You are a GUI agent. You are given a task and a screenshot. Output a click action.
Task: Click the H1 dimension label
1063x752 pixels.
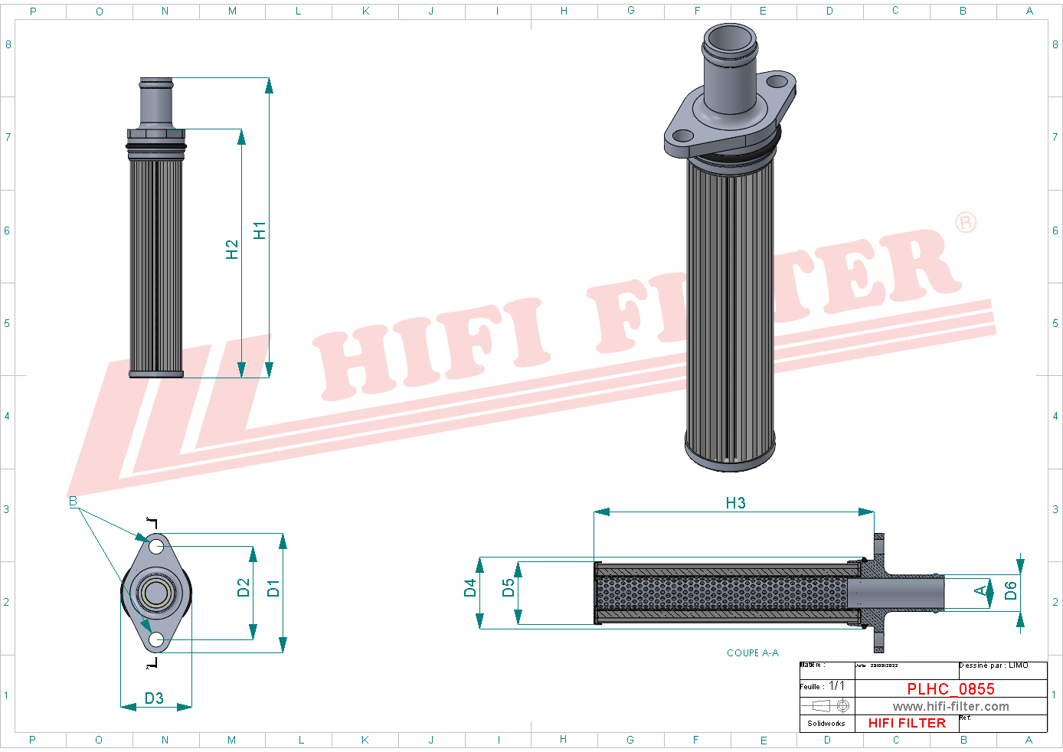pyautogui.click(x=260, y=230)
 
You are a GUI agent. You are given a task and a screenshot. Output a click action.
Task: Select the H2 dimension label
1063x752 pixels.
pyautogui.click(x=232, y=249)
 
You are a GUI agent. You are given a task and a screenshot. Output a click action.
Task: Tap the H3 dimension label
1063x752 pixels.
pyautogui.click(x=735, y=502)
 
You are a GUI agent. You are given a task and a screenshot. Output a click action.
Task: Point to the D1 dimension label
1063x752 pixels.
pyautogui.click(x=273, y=588)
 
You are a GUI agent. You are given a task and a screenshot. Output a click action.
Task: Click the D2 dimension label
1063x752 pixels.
pyautogui.click(x=244, y=587)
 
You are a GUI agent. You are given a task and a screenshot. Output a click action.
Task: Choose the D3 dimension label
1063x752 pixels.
pyautogui.click(x=154, y=698)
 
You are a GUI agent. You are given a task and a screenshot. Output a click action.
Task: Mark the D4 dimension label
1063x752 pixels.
pyautogui.click(x=470, y=587)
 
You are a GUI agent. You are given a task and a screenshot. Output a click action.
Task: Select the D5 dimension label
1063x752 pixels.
pyautogui.click(x=509, y=587)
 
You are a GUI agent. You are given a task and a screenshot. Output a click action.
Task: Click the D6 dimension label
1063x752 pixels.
pyautogui.click(x=1011, y=590)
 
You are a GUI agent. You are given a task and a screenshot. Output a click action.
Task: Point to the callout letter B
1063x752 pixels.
pyautogui.click(x=73, y=501)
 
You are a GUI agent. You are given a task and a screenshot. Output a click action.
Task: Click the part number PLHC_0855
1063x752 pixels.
pyautogui.click(x=950, y=688)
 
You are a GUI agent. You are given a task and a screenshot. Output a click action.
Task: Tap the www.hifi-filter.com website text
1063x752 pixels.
pyautogui.click(x=950, y=706)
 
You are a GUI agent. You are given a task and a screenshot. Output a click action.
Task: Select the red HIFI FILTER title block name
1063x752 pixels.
pyautogui.click(x=907, y=722)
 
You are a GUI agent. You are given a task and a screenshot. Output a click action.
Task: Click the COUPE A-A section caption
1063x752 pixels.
pyautogui.click(x=752, y=652)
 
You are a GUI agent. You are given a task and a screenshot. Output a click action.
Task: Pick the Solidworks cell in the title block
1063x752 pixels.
pyautogui.click(x=826, y=723)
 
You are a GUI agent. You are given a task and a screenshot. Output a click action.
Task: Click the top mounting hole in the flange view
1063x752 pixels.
pyautogui.click(x=156, y=546)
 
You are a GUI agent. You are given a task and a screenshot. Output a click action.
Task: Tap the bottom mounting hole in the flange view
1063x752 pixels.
pyautogui.click(x=156, y=639)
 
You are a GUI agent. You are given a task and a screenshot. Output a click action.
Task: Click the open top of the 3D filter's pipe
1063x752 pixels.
pyautogui.click(x=731, y=39)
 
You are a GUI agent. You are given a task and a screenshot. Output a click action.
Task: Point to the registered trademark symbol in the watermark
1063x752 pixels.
pyautogui.click(x=966, y=222)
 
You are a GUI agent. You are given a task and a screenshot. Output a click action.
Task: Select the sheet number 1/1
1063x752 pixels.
pyautogui.click(x=836, y=685)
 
